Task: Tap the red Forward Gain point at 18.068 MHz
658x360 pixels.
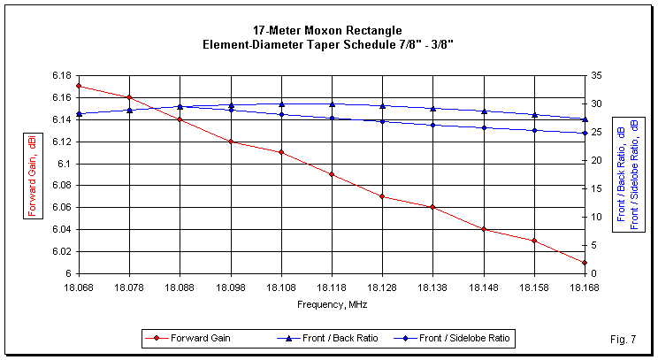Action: click(79, 86)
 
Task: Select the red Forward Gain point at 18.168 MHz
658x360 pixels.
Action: click(585, 263)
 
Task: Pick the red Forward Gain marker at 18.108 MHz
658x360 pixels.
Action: click(281, 152)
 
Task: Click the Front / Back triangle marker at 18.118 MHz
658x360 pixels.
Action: click(332, 103)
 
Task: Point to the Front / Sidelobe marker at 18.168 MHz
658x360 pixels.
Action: click(585, 133)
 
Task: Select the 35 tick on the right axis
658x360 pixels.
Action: click(598, 75)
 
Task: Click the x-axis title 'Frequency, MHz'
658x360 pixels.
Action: click(332, 303)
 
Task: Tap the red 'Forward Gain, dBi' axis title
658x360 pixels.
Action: click(27, 174)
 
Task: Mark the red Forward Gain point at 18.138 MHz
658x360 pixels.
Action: click(433, 207)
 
